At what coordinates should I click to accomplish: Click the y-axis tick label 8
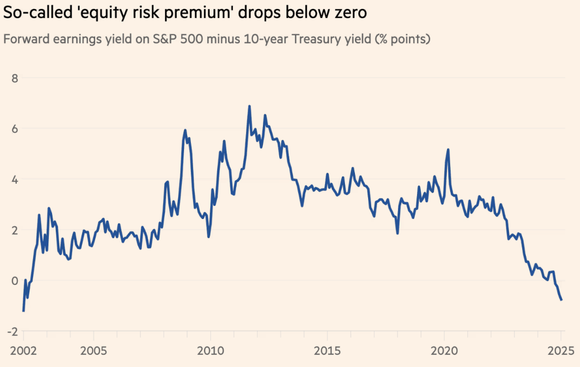tap(15, 78)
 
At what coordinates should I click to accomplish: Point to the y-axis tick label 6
tap(15, 129)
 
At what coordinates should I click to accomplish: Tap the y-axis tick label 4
tap(15, 180)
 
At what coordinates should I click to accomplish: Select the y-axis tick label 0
tap(15, 281)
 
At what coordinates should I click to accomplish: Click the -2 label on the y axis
tap(13, 332)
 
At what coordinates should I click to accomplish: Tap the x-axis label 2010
tap(210, 351)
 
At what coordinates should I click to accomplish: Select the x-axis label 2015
tap(327, 351)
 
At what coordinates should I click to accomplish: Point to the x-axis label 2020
tap(444, 351)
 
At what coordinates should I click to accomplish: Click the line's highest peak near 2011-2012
tap(249, 106)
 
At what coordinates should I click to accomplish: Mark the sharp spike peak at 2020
tap(447, 150)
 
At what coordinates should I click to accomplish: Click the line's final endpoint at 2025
tap(562, 300)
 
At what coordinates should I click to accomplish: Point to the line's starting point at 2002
tap(23, 311)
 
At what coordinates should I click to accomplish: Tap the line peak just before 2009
tap(185, 130)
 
